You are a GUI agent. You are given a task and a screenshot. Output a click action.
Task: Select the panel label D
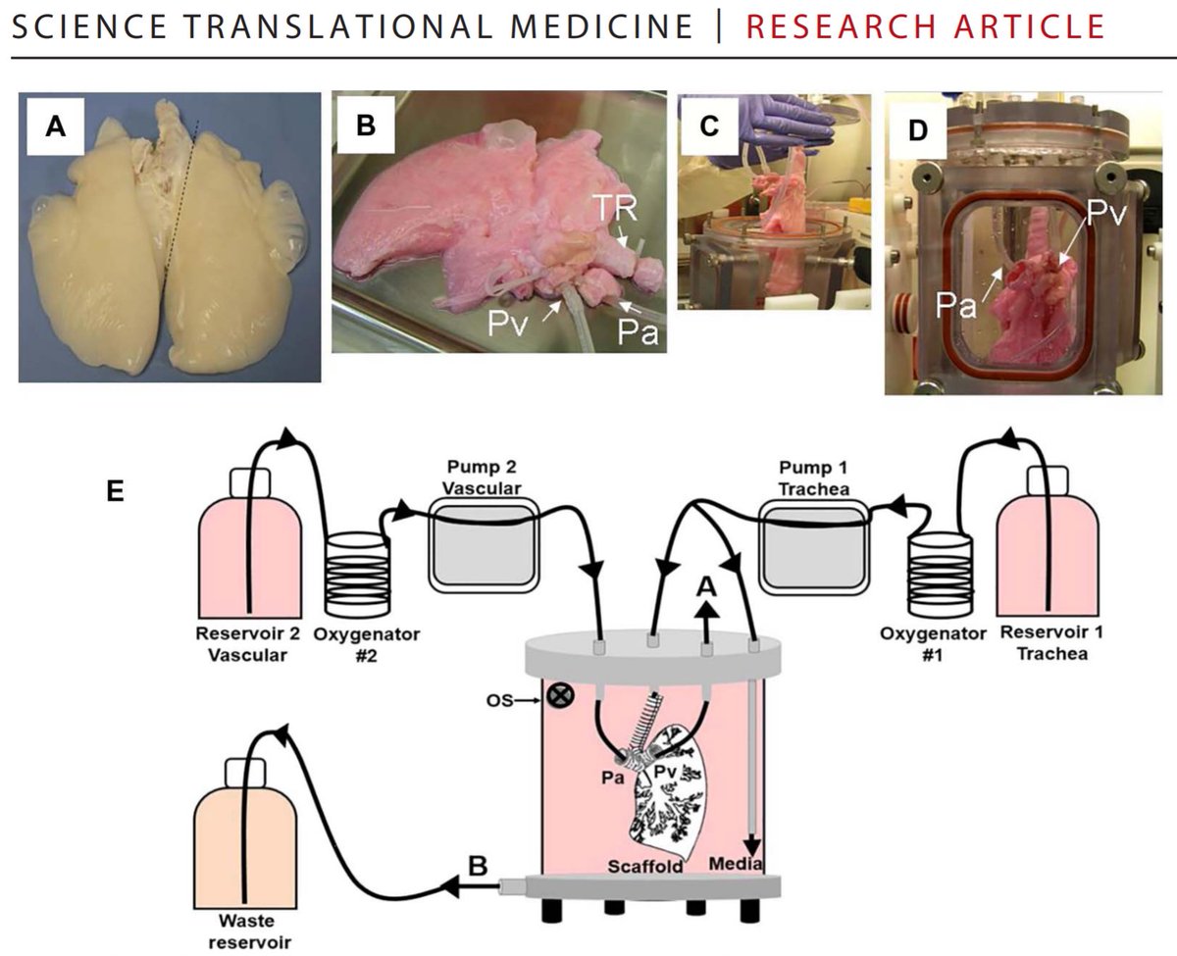[x=917, y=131]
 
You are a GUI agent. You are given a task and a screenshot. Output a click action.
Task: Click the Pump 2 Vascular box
[x=483, y=544]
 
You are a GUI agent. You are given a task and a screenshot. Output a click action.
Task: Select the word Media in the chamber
[x=736, y=864]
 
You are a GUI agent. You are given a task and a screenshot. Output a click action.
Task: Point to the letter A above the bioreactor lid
[x=704, y=587]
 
